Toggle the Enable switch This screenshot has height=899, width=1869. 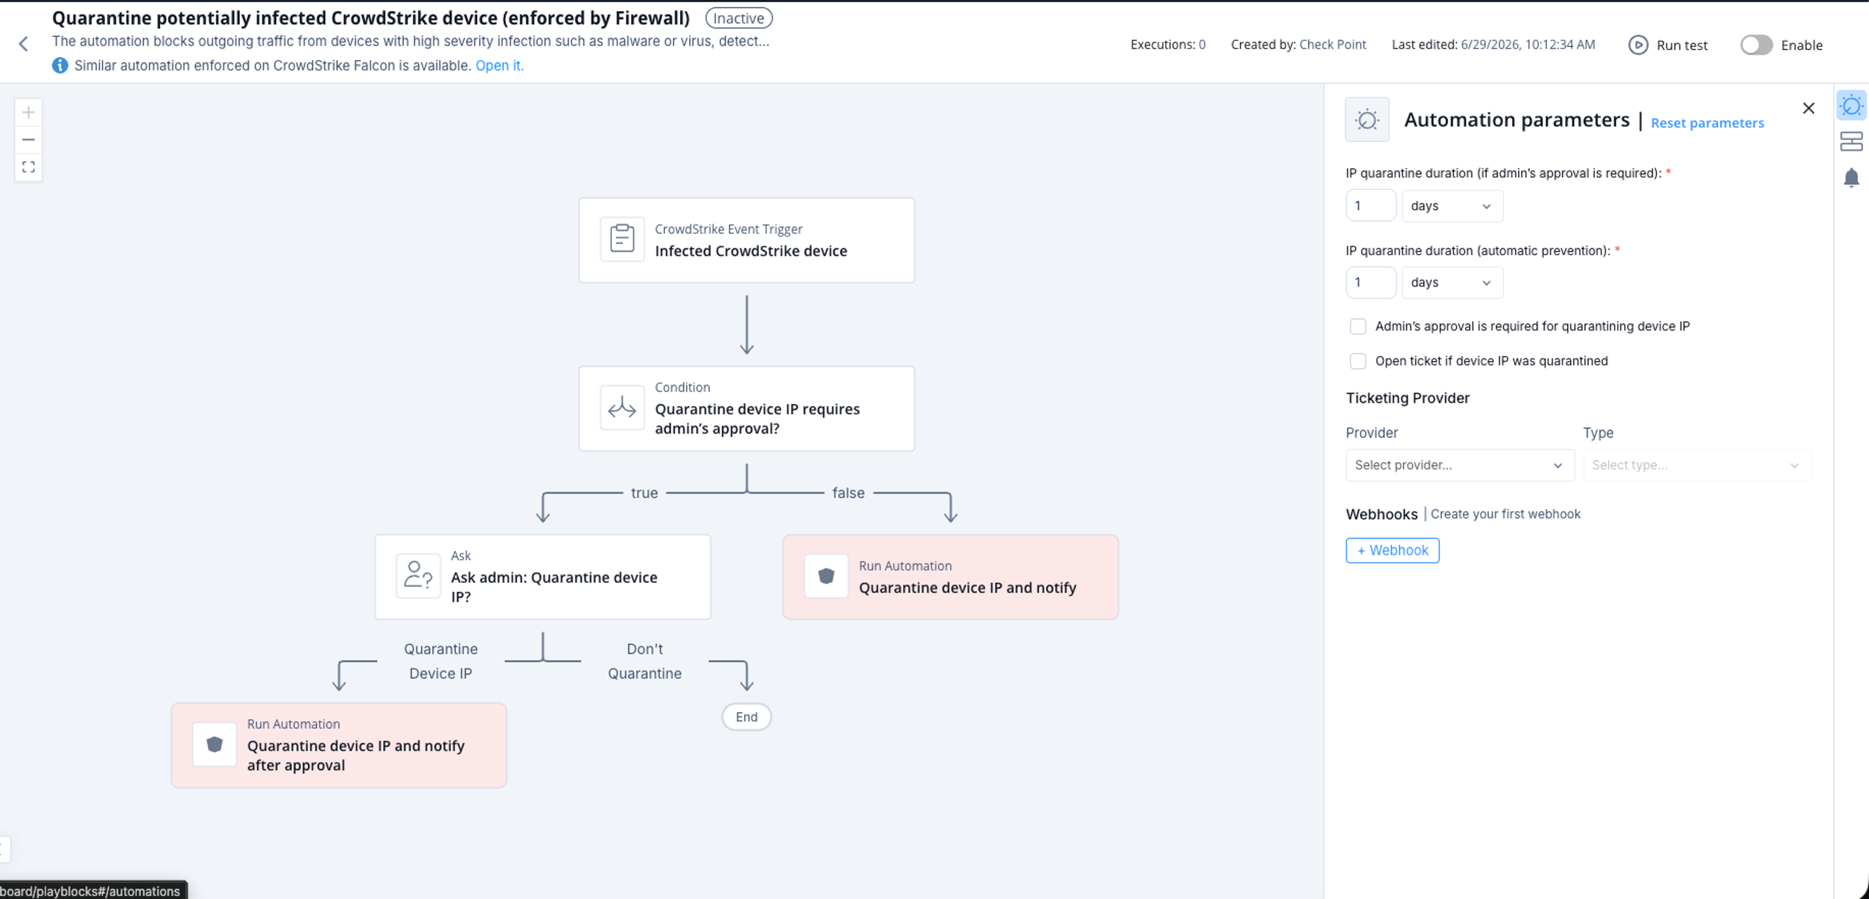coord(1756,45)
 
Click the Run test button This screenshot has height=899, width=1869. coord(1668,45)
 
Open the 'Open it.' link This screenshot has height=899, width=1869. coord(499,65)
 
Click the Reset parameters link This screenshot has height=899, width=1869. coord(1707,123)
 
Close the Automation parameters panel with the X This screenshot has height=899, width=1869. coord(1808,108)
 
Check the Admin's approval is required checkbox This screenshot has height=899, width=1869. coord(1357,326)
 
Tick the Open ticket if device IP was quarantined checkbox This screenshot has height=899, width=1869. coord(1357,361)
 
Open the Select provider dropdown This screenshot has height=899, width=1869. coord(1459,465)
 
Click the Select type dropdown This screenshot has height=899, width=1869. coord(1696,465)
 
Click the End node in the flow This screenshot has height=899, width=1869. coord(747,717)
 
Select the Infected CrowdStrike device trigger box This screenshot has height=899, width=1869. coord(747,240)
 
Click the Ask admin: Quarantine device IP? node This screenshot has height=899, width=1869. coord(543,577)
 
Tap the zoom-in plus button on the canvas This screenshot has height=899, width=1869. coord(28,112)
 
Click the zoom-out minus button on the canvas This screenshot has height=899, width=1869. coord(28,139)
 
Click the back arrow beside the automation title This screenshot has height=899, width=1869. coord(23,44)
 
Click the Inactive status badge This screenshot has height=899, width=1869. coord(739,18)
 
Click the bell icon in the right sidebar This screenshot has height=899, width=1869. coord(1851,178)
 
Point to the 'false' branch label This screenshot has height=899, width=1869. coord(848,493)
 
